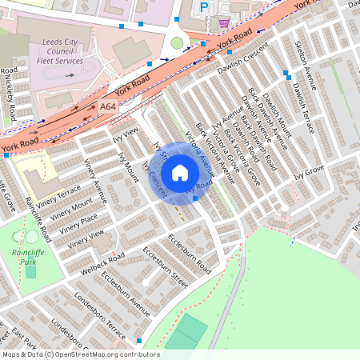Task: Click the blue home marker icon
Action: (x=180, y=173)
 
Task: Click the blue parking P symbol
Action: (x=203, y=6)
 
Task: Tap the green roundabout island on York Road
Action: (x=177, y=43)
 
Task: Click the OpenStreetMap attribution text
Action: (x=80, y=354)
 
